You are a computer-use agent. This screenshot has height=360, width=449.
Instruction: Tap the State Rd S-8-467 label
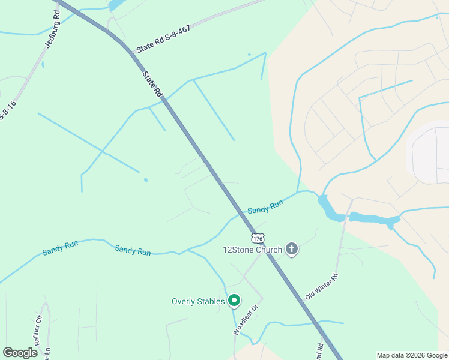tap(163, 40)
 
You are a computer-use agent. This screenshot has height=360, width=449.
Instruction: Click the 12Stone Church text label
tap(252, 250)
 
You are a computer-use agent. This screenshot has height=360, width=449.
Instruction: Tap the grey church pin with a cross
tap(292, 248)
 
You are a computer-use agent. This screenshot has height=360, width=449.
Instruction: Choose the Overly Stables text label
tap(198, 301)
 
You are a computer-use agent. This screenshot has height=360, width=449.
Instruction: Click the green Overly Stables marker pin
tap(234, 301)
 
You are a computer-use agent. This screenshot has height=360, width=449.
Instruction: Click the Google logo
tap(20, 353)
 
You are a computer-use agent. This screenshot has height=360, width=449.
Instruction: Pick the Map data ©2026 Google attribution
tap(412, 355)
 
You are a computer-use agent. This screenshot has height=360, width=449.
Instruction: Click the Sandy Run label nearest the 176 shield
tap(265, 208)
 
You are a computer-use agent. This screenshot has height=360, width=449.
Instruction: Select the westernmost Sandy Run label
tap(60, 247)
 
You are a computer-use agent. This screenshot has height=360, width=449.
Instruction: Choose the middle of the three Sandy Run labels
tap(133, 250)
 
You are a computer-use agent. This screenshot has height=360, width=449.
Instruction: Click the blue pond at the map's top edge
tap(118, 5)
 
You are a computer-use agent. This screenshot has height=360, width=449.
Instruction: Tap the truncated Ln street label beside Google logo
tap(46, 353)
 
